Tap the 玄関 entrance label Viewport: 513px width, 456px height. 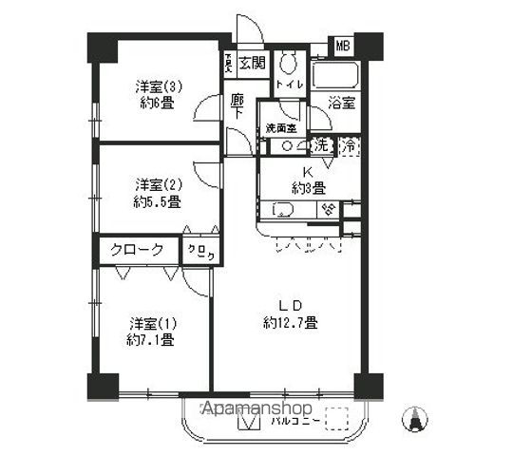point(253,64)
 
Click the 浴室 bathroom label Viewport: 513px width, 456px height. point(341,101)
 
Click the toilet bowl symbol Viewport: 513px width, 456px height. point(292,62)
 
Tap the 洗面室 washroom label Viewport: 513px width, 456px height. point(280,127)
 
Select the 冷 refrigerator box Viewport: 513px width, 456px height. point(349,146)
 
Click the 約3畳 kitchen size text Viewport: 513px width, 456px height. point(308,187)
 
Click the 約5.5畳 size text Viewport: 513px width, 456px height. point(157,202)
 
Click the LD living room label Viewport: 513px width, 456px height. point(290,305)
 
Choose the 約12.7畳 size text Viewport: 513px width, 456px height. point(290,323)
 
